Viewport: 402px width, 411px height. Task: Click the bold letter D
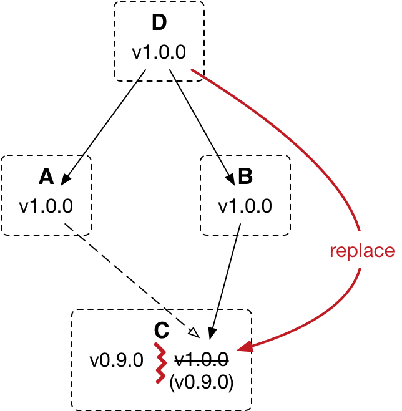159,23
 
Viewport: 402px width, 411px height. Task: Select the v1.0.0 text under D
159,52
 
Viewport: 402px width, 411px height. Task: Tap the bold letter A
46,177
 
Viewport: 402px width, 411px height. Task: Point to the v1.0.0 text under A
46,206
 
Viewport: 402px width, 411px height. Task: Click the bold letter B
245,176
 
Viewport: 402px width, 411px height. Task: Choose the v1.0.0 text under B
245,206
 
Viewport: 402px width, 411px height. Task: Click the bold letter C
161,330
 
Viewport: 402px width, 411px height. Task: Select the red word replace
362,251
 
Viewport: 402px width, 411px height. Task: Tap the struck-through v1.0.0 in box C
202,360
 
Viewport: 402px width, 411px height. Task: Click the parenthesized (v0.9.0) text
202,382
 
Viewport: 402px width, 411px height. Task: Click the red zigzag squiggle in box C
160,362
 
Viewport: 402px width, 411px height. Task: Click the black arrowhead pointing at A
64,180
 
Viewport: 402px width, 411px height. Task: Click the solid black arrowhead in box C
211,335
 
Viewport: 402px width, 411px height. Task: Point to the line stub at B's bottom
238,230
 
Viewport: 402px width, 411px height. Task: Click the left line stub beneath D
142,75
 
